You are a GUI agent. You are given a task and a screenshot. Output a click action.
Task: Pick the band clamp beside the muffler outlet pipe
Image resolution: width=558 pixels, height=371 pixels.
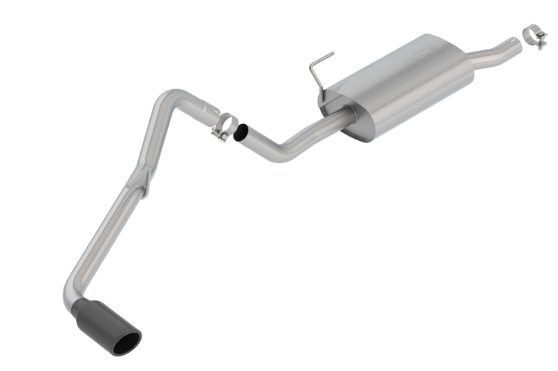[x=536, y=34]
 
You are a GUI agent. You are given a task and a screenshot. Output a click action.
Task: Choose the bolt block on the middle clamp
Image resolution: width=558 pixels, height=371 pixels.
[x=220, y=135]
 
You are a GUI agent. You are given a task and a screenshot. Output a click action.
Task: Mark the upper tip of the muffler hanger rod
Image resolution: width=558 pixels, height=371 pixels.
[x=331, y=52]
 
